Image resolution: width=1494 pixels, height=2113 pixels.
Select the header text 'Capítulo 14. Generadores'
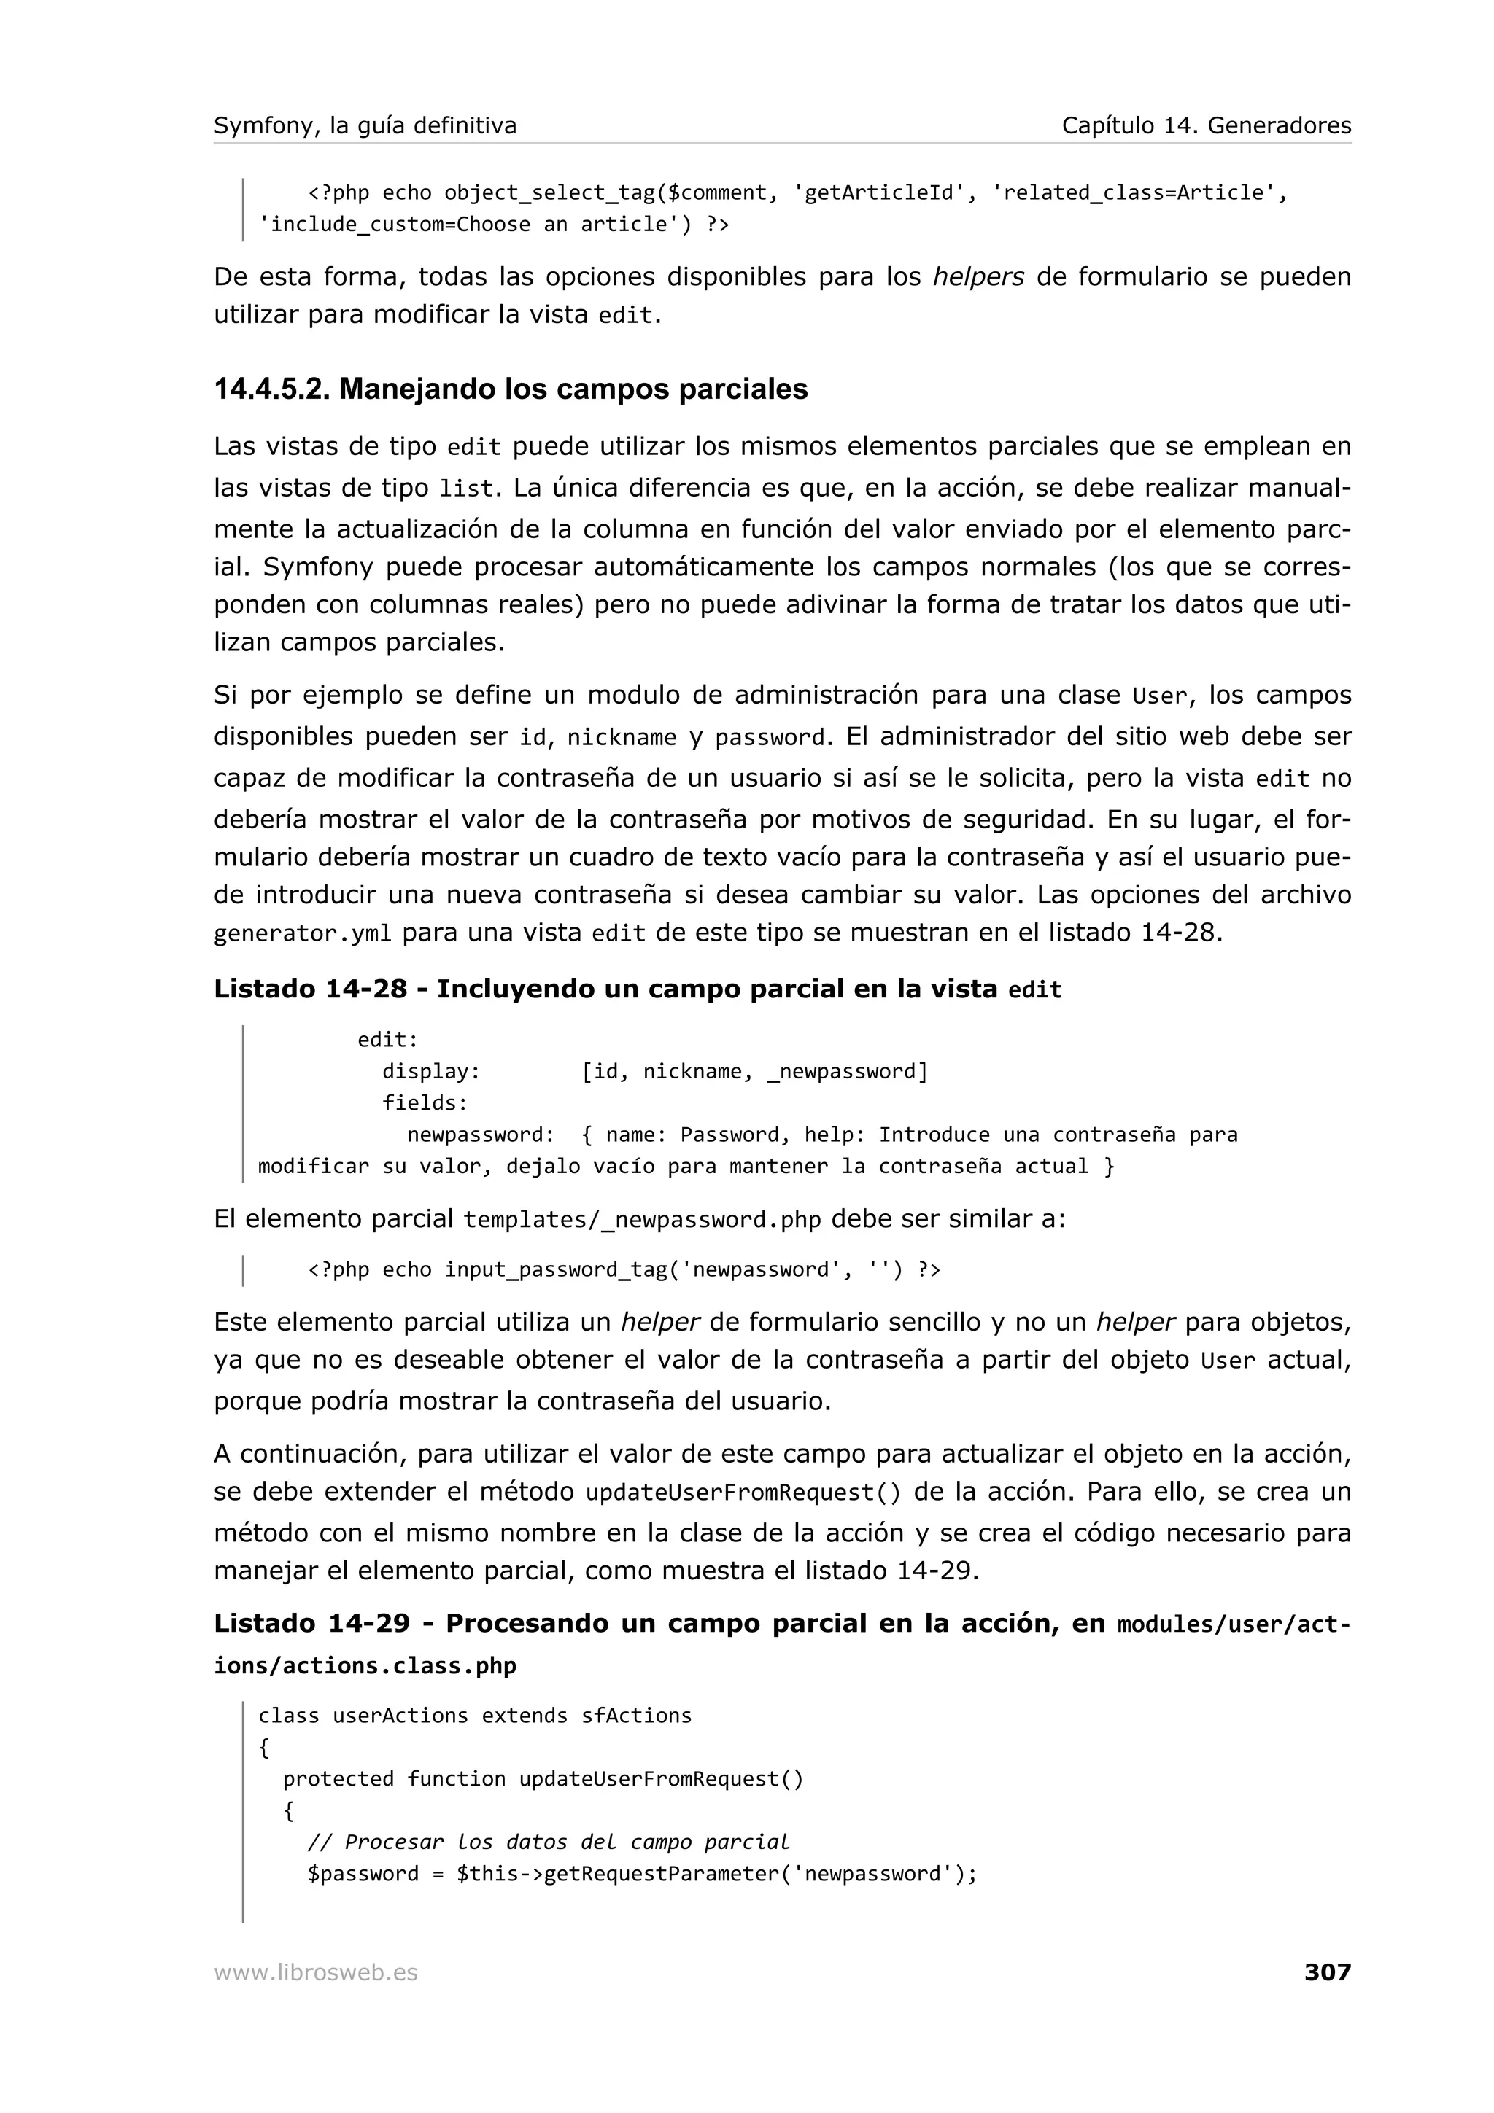[x=1206, y=125]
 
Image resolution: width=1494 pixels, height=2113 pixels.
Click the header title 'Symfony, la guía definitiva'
[x=365, y=125]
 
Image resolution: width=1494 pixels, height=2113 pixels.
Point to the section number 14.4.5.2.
[x=271, y=389]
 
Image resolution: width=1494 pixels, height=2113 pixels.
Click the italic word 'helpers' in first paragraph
[x=978, y=277]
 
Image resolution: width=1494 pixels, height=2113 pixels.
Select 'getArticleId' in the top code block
[x=878, y=193]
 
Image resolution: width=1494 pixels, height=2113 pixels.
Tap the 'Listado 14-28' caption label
[x=310, y=989]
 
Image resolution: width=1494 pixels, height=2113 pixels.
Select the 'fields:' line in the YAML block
[x=425, y=1102]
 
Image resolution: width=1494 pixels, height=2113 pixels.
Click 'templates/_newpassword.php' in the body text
[x=642, y=1221]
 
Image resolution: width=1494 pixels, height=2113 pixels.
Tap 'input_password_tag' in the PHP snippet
[x=555, y=1270]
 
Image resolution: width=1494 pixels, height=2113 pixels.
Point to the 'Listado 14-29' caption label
[x=311, y=1624]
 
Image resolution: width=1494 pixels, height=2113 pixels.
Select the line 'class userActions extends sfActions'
[x=474, y=1716]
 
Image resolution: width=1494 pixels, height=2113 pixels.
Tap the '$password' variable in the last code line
[x=363, y=1874]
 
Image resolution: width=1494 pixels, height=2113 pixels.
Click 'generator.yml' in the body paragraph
[x=302, y=934]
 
